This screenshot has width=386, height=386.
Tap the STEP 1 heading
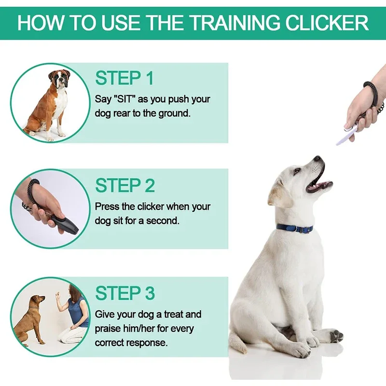tap(124, 78)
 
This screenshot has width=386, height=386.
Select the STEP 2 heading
tap(124, 185)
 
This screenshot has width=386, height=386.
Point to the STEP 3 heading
tap(124, 293)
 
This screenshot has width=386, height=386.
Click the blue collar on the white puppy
tap(294, 228)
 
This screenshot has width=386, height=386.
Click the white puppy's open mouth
tap(319, 184)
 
